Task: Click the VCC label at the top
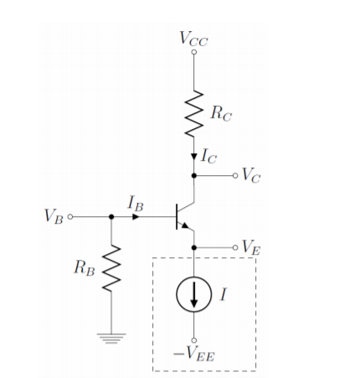[194, 38]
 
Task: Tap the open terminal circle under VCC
[194, 53]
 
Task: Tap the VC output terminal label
[249, 176]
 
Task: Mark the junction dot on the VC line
[194, 176]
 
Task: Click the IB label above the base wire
[136, 202]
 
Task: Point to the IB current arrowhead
[136, 216]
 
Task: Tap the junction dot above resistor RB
[111, 216]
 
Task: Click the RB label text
[84, 268]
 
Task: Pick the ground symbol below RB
[111, 337]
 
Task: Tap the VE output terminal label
[249, 246]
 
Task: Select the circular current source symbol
[194, 294]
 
